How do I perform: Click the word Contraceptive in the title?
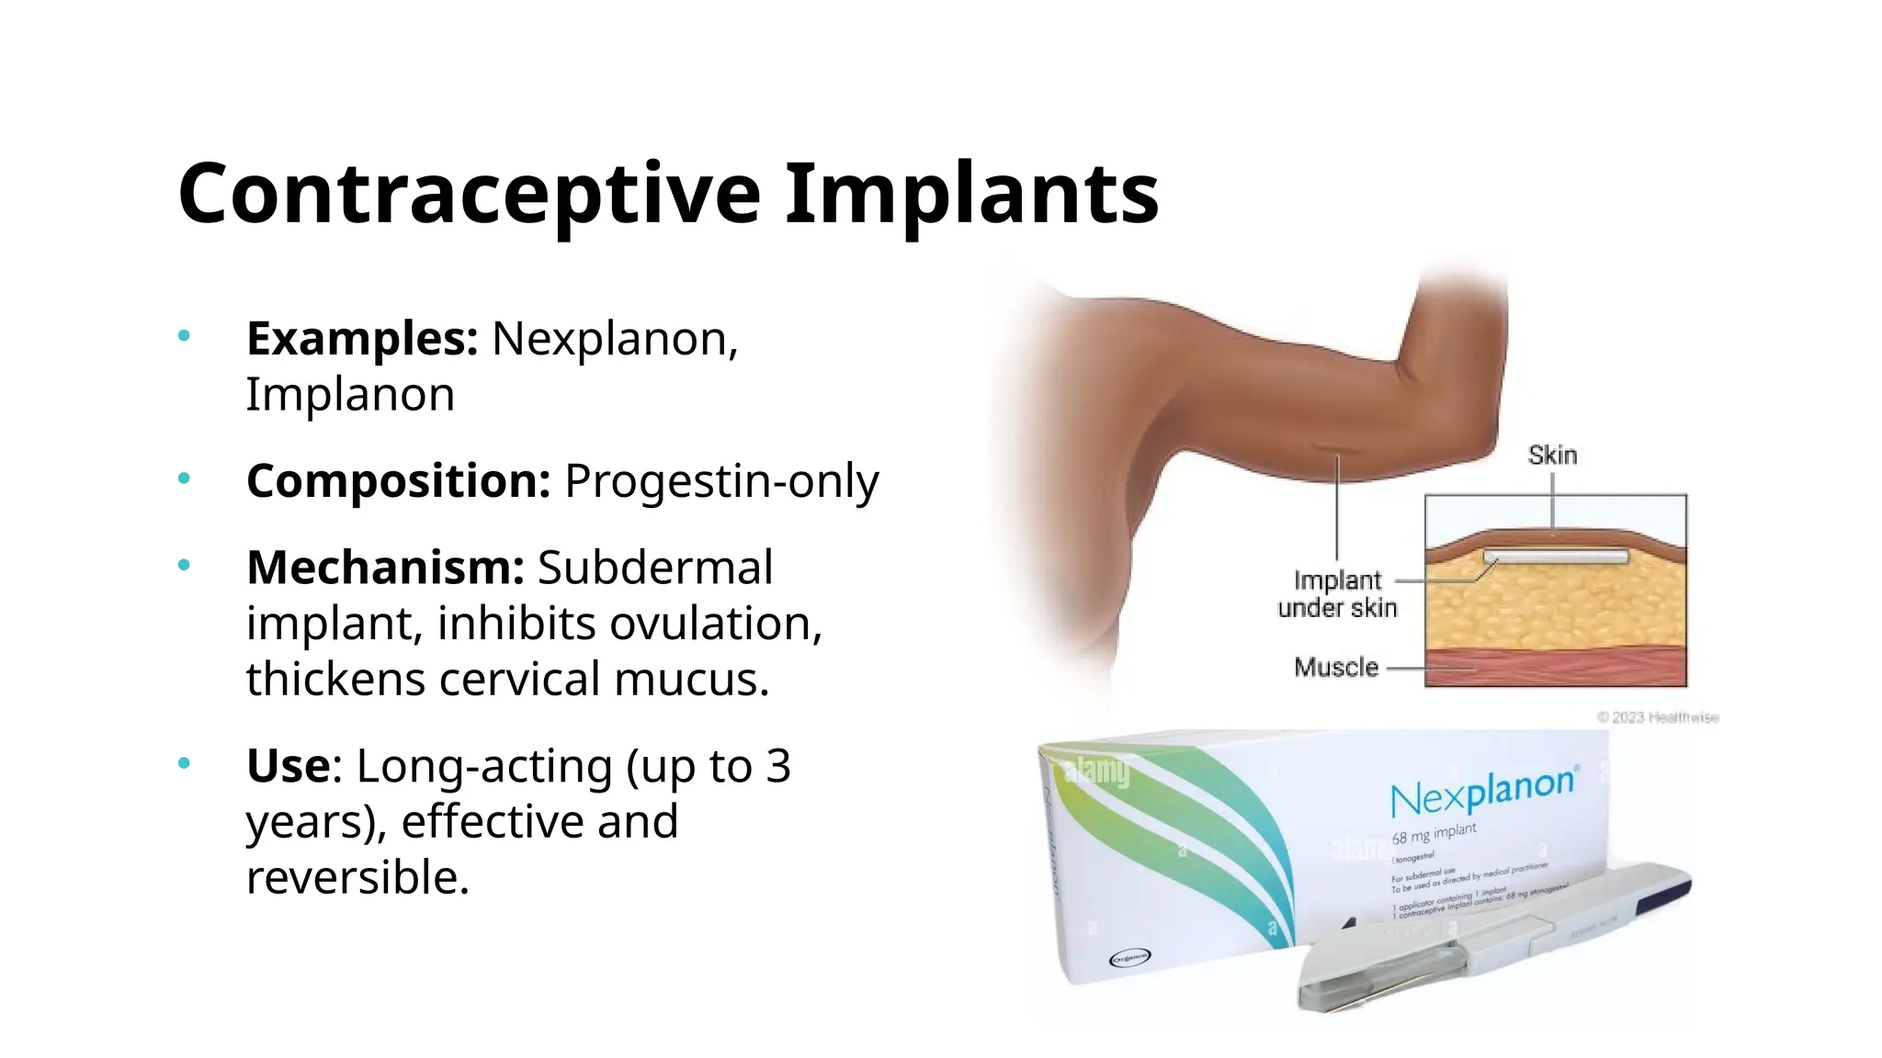tap(469, 195)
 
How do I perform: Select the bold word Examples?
tap(362, 339)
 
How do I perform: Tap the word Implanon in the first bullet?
tap(350, 395)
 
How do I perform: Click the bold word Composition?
tap(398, 481)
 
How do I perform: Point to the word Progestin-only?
tap(721, 481)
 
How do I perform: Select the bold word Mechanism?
tap(385, 568)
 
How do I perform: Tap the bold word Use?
tap(288, 766)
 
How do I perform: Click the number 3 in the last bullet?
tap(777, 766)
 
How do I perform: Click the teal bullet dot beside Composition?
tap(184, 478)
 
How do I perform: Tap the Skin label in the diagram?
tap(1552, 456)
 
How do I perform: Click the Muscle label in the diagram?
tap(1336, 668)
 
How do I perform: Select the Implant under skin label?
tap(1337, 594)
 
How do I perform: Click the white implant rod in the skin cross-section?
tap(1555, 557)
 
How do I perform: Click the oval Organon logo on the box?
tap(1129, 958)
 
